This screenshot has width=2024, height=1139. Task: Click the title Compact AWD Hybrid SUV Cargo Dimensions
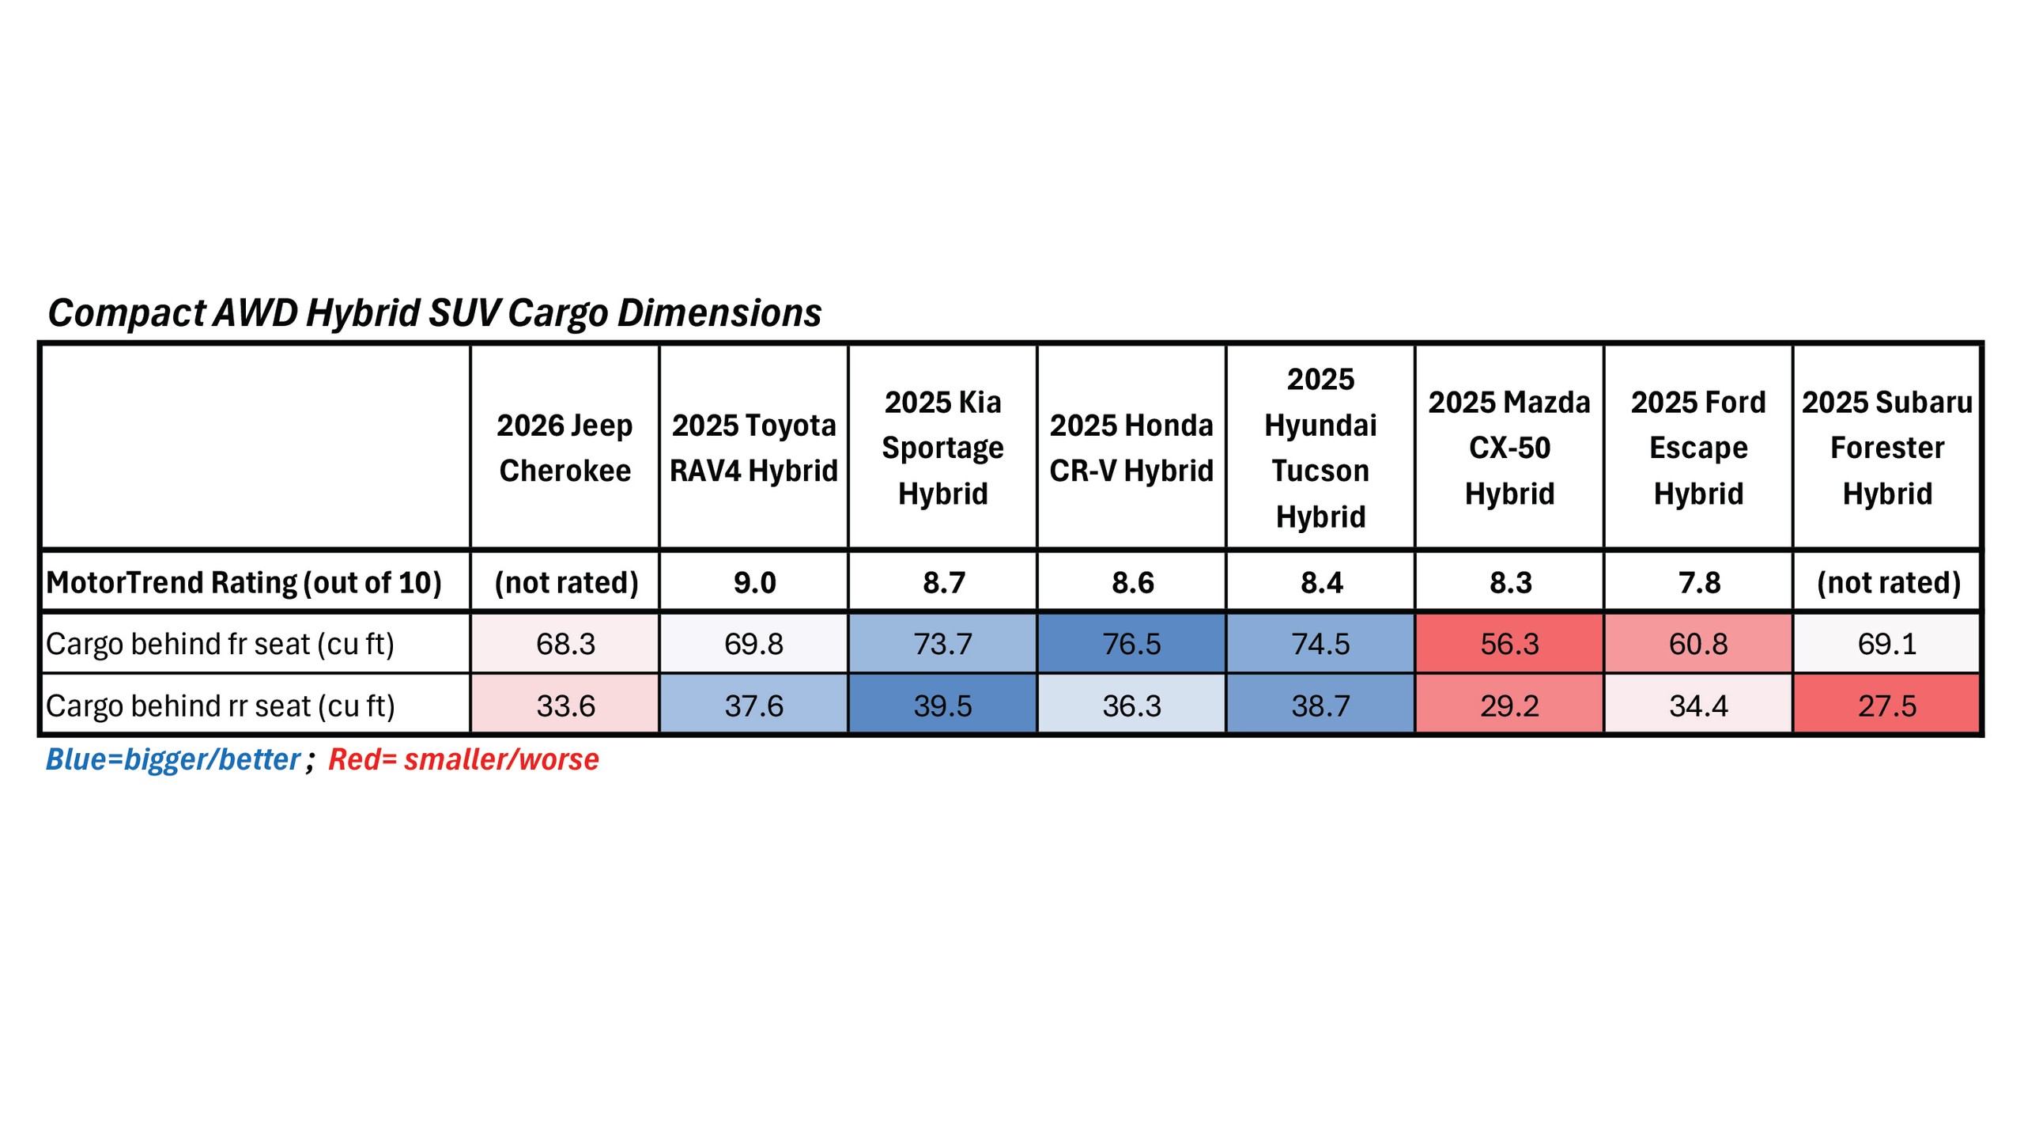tap(434, 313)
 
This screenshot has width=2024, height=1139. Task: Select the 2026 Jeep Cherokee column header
tap(565, 448)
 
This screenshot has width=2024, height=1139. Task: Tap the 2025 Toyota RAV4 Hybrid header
tap(753, 448)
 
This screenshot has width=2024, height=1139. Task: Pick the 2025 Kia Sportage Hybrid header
tap(942, 448)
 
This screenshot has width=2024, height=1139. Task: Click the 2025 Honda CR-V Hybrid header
tap(1131, 448)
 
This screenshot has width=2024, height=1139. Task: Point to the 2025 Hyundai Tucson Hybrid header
tap(1320, 448)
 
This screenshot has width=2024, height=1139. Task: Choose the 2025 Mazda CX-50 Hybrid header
tap(1509, 448)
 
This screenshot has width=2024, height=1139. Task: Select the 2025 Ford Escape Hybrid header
tap(1698, 448)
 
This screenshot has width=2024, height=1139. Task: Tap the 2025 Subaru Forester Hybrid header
tap(1887, 448)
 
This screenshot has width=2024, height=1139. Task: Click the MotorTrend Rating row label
tap(244, 583)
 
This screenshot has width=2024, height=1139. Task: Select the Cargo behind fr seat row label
tap(220, 644)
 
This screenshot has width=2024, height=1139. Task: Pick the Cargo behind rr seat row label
tap(220, 706)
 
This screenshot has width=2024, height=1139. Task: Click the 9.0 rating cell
tap(754, 583)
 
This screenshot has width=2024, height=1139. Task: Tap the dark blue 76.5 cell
tap(1131, 644)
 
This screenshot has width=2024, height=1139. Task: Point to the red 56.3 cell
tap(1509, 644)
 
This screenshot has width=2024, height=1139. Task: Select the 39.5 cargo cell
tap(942, 706)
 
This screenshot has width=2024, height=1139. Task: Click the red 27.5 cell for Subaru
tap(1887, 706)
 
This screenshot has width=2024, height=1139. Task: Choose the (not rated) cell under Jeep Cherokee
tap(566, 583)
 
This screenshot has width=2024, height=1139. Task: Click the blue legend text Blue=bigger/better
tap(173, 759)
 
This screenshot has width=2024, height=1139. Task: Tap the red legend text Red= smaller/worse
tap(463, 759)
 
